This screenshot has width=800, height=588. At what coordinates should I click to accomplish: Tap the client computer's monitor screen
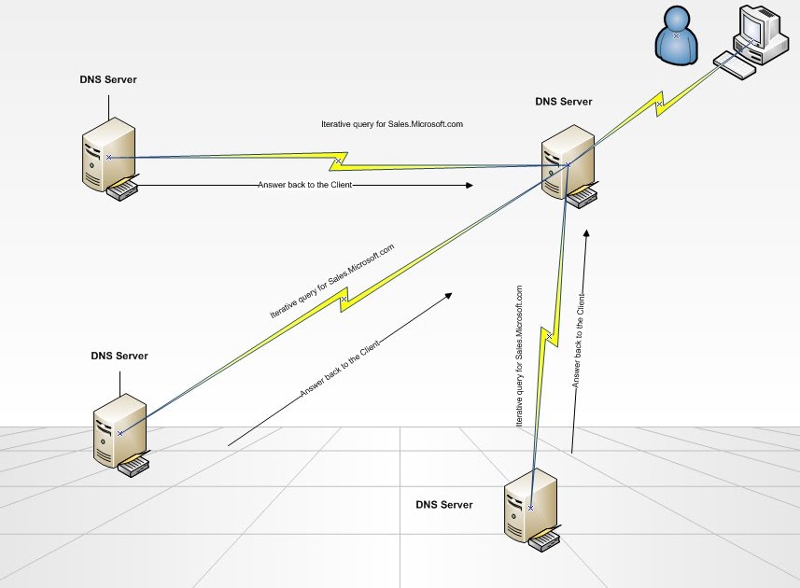tap(751, 27)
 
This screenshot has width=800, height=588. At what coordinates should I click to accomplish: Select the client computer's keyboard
tap(735, 63)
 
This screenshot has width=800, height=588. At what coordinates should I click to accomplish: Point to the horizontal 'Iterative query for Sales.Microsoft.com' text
tap(392, 123)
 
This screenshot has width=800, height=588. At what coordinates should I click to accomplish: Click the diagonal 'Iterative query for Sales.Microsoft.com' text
tap(332, 281)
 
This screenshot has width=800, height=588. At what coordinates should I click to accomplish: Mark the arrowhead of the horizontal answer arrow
tap(469, 186)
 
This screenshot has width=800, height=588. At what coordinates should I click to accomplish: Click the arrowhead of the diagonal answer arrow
tap(448, 296)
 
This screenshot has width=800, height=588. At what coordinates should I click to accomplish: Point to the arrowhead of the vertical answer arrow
tap(585, 233)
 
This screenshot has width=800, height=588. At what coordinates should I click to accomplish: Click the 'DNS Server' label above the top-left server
tap(108, 80)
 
